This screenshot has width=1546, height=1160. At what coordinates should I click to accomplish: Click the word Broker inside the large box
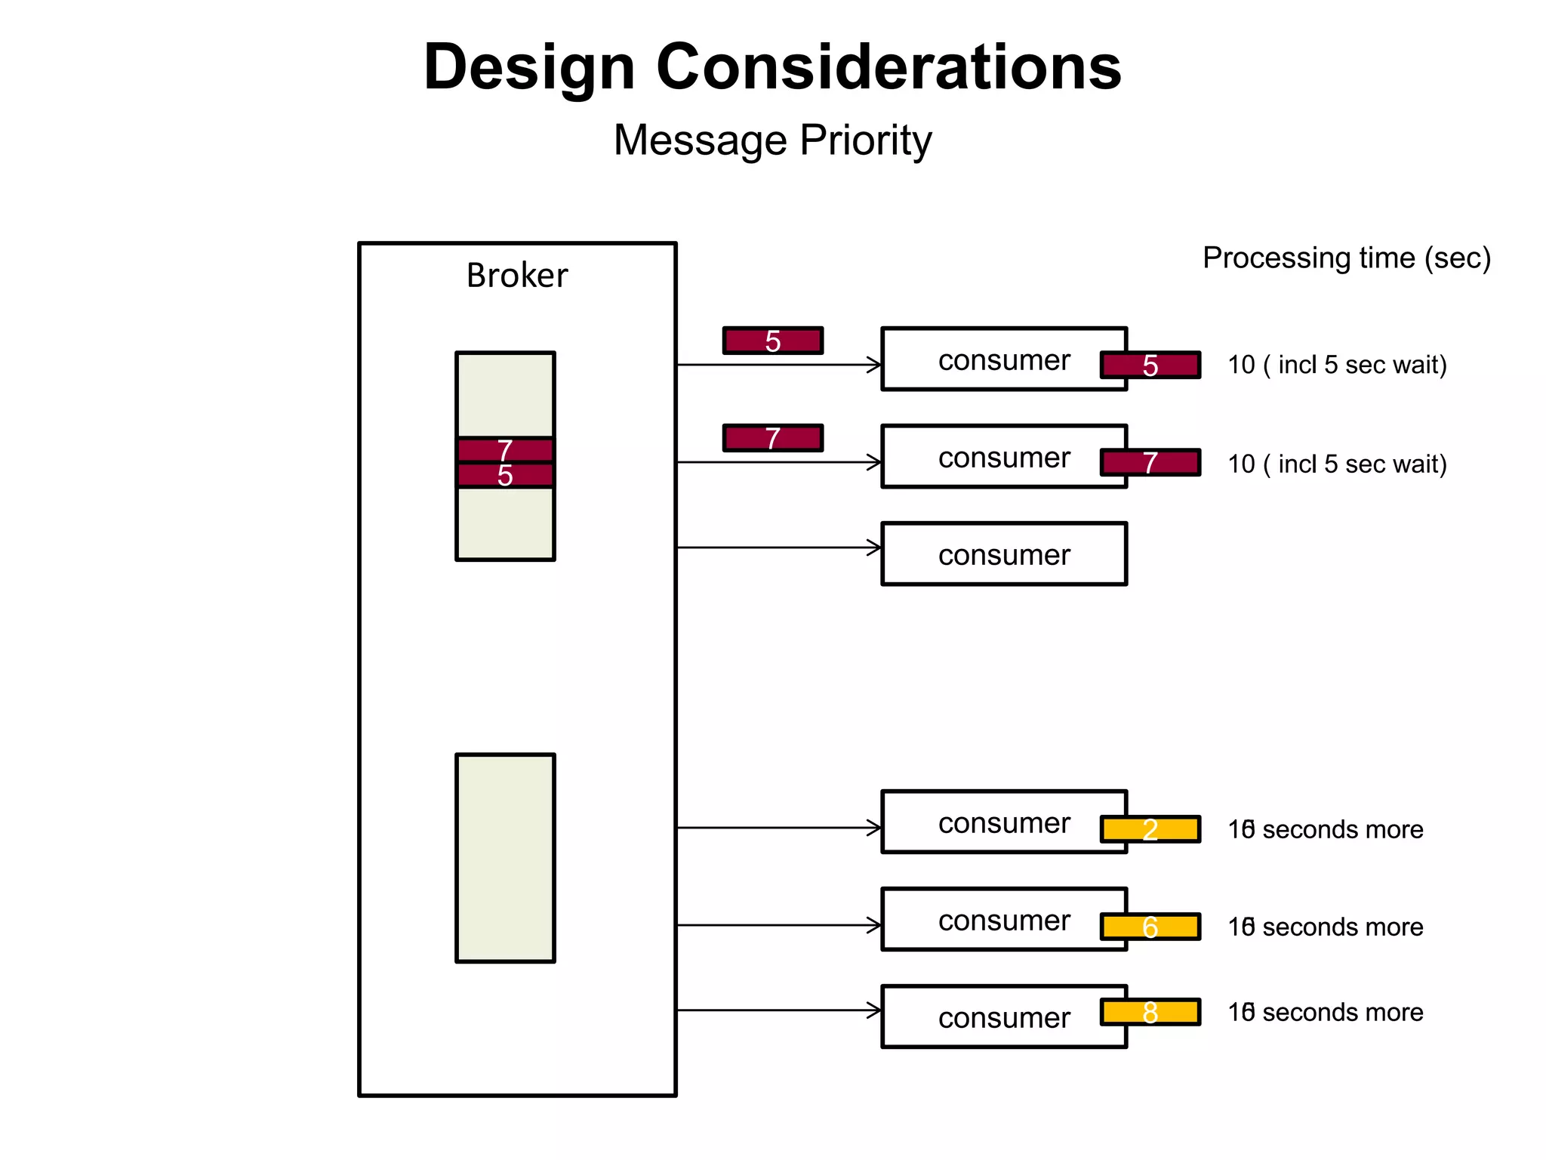coord(516,276)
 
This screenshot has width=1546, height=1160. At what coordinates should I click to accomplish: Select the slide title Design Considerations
coord(772,67)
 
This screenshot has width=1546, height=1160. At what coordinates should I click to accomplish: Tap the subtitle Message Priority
coord(772,140)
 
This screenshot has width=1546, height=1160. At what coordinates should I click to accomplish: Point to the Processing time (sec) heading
coord(1346,258)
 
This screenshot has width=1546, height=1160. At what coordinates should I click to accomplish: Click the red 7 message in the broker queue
coord(505,450)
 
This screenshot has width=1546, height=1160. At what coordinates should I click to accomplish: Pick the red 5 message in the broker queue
coord(505,476)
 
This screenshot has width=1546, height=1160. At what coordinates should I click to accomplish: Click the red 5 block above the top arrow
coord(772,341)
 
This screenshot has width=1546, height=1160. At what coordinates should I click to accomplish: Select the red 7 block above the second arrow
coord(772,438)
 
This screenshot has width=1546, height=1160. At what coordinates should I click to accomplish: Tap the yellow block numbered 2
coord(1150,829)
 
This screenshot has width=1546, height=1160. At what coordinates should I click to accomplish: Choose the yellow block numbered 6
coord(1150,927)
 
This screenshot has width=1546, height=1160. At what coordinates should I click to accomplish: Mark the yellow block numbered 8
coord(1150,1012)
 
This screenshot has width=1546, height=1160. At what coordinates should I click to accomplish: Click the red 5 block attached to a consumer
coord(1150,365)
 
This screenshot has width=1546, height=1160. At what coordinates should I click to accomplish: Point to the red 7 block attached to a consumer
coord(1150,462)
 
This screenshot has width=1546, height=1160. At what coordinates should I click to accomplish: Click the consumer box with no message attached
coord(1003,554)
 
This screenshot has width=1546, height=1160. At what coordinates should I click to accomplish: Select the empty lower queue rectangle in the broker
coord(505,857)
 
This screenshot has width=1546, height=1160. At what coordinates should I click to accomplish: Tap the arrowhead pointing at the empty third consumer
coord(874,548)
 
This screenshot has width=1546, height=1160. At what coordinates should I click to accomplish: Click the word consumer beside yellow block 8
coord(1003,1018)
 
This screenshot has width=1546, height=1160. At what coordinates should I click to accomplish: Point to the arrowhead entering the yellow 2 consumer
coord(874,828)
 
